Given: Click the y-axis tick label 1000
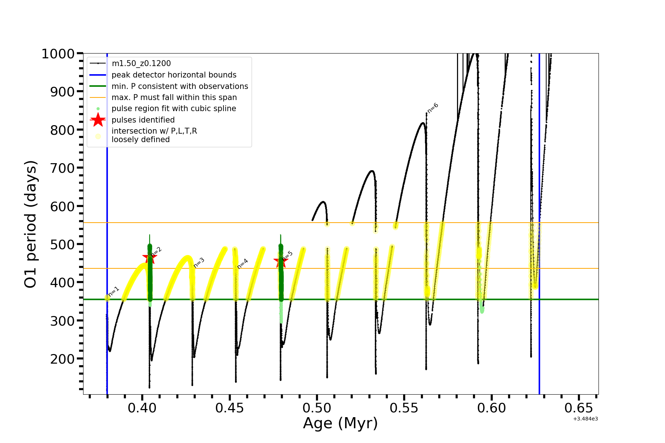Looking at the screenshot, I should tap(58, 54).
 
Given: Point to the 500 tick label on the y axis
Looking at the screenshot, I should tap(62, 244).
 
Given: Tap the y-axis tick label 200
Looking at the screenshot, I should tap(62, 359).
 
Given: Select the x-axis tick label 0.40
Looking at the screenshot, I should tap(142, 408).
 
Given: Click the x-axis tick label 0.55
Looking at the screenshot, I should tap(404, 408).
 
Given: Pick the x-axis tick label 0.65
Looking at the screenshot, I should tap(579, 408).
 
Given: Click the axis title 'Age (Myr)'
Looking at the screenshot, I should tap(340, 423).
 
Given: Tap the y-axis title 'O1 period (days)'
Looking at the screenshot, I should tap(30, 224).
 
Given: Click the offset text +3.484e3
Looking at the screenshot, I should tap(585, 419).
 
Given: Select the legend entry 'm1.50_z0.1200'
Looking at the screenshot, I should tap(141, 63).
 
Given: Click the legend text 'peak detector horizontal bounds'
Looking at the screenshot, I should tap(174, 75).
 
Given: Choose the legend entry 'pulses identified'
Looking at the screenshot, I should tap(143, 120).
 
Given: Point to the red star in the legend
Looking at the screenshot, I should tap(98, 120).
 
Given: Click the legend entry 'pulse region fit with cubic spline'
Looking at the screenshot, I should tap(174, 109).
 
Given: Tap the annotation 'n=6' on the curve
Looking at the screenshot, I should tap(433, 108).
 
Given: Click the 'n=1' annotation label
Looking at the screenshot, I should tap(114, 291).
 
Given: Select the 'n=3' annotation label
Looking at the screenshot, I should tap(199, 262).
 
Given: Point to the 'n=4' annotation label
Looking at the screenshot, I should tap(242, 264).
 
